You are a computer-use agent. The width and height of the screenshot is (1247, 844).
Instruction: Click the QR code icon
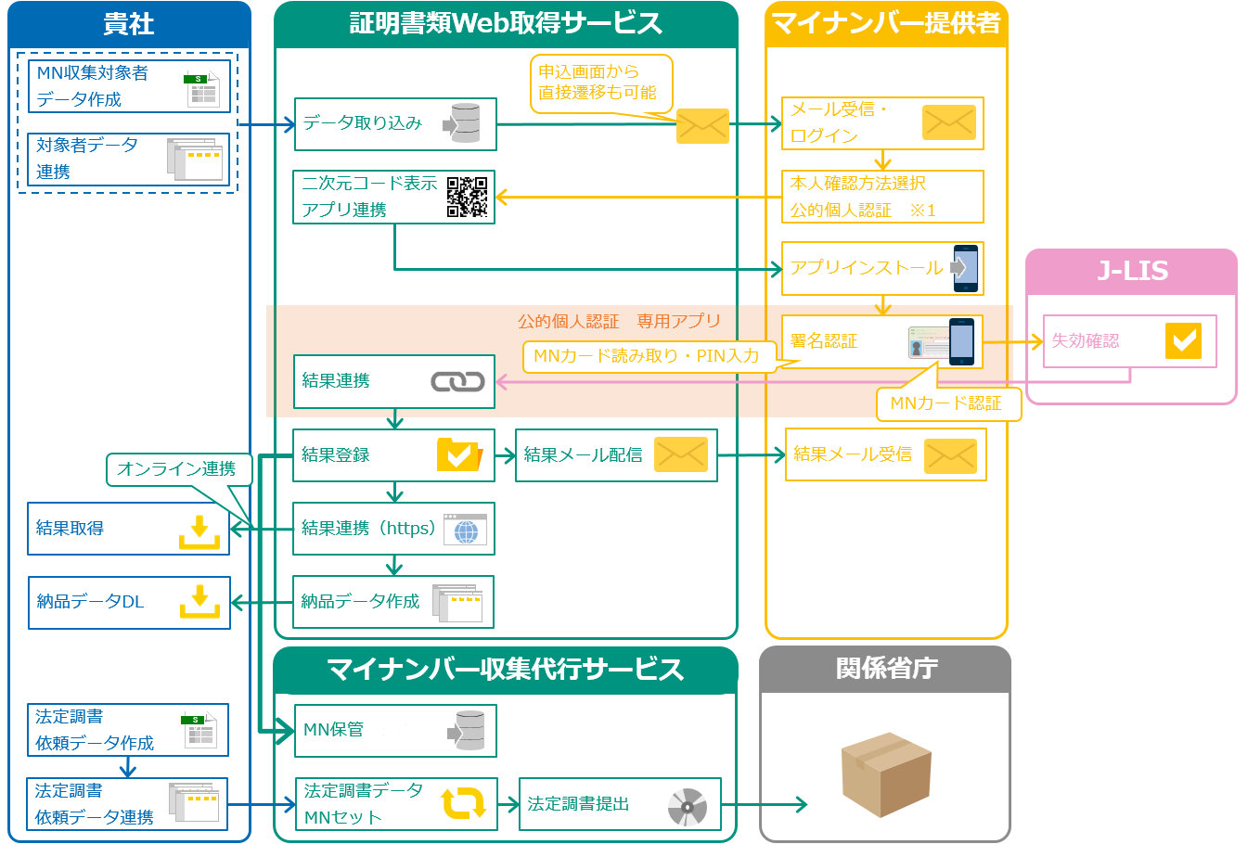[467, 197]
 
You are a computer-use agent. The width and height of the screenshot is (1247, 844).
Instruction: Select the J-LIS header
[1131, 271]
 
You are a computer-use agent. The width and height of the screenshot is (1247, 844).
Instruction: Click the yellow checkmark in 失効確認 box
[1183, 341]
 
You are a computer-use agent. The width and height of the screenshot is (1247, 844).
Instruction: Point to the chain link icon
[457, 381]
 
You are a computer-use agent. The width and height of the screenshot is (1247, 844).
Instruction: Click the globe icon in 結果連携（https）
[465, 530]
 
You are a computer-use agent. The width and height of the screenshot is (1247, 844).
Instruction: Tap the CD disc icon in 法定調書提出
[687, 807]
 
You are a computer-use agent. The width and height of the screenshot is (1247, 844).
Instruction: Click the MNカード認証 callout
[947, 403]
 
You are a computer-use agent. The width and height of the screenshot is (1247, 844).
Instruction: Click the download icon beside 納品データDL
[199, 602]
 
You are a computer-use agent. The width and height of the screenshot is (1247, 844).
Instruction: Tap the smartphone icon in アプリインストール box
[965, 268]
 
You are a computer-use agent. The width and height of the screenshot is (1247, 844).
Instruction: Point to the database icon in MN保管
[469, 731]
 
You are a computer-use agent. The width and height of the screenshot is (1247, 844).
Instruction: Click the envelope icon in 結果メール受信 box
[950, 455]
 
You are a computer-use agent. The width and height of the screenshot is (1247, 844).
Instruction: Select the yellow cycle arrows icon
[463, 803]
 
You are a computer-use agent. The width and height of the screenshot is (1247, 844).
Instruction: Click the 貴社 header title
[129, 24]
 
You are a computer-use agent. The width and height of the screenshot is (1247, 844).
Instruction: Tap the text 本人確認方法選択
[857, 184]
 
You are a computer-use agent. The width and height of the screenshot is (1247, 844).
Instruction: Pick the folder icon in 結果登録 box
[458, 455]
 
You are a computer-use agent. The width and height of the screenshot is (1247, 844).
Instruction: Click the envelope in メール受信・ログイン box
[948, 122]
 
